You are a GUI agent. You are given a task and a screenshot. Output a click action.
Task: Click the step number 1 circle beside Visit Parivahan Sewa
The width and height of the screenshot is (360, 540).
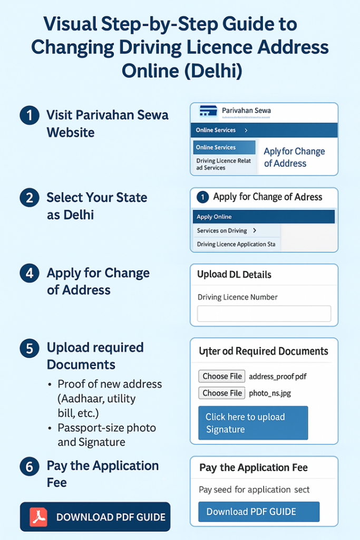pos(30,115)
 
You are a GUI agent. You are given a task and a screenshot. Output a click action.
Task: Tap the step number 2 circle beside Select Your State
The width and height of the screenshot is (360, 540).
pos(30,199)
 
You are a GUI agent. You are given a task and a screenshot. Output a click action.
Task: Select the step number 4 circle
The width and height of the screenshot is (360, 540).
pos(30,274)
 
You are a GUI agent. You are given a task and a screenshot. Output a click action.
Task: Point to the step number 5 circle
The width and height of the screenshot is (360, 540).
pos(30,349)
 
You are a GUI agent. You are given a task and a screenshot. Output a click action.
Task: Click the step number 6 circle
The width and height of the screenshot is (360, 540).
pos(30,467)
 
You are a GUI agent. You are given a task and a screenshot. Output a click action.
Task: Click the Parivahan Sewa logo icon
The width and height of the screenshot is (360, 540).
pos(208,111)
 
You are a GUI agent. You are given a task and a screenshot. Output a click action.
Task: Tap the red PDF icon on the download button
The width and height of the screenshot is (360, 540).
pos(38,517)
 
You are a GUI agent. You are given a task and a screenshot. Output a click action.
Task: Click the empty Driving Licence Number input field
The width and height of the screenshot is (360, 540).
pos(264,313)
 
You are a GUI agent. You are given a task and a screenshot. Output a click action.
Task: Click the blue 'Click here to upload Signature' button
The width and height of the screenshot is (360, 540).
pos(253,423)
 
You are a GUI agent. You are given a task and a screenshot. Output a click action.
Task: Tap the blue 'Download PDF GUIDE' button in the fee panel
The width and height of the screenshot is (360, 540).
pos(259,512)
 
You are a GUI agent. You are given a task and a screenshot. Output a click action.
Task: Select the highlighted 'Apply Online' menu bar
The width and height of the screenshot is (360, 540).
pos(264,217)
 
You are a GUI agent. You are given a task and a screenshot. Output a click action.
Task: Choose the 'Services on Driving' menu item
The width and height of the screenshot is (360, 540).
pos(227,230)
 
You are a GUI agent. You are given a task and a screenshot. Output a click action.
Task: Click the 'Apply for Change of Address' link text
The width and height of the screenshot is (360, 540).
pos(294,157)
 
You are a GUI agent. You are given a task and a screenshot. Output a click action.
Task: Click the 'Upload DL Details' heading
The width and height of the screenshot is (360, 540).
pos(234,274)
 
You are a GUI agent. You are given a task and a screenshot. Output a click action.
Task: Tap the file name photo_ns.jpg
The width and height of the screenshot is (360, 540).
pos(270,393)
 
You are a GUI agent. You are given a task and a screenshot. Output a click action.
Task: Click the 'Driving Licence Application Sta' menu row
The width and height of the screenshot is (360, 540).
pos(236,244)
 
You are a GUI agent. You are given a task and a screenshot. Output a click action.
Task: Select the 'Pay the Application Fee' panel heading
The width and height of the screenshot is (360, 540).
pos(254,467)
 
